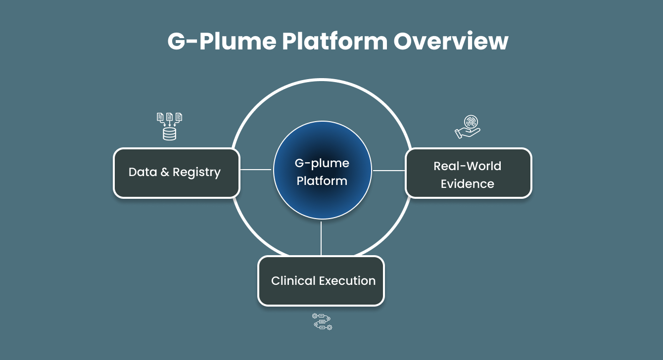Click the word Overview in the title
pos(451,42)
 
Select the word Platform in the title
pos(334,42)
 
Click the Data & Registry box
pos(177,173)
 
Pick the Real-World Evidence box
pos(468,173)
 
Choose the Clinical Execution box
pos(321,281)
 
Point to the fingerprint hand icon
pos(468,127)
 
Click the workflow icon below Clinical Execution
pos(322,321)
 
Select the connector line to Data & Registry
pos(255,170)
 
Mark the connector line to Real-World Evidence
pos(389,171)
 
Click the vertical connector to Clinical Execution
pos(321,238)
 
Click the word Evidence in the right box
pos(468,184)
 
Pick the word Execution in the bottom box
pos(347,281)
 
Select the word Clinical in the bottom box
pos(293,281)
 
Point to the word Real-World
pos(468,166)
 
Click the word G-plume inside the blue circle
pos(322,163)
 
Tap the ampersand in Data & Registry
pos(165,173)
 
